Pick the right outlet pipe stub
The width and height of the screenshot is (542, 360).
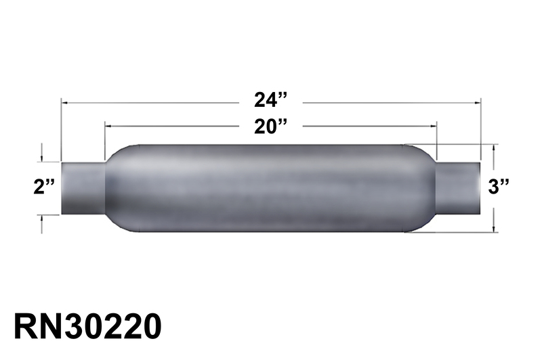tap(458, 187)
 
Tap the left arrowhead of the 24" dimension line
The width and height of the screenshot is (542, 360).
tap(64, 102)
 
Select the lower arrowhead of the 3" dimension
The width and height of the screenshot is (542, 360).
tap(495, 228)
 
